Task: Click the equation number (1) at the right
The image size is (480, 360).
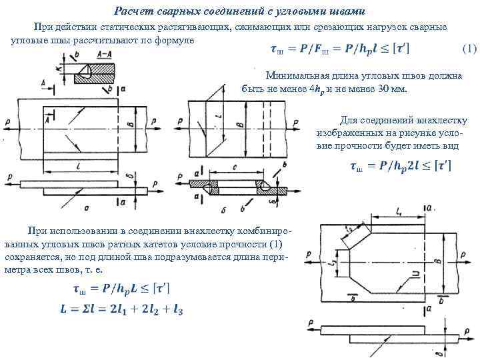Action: [469, 50]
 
